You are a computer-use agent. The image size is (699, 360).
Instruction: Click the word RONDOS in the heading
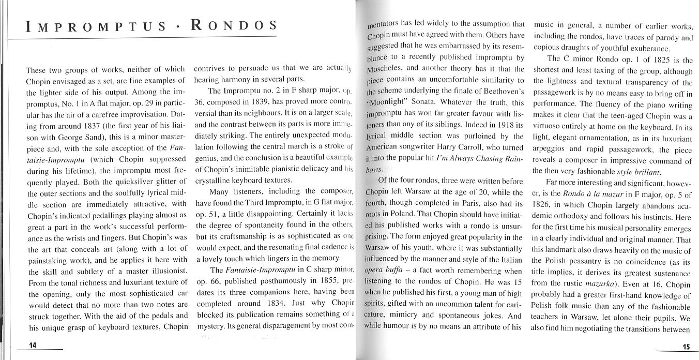click(x=233, y=25)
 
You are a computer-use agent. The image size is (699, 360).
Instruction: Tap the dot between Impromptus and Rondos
click(x=177, y=27)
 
